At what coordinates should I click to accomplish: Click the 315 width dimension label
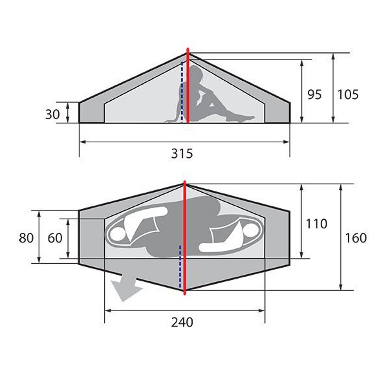182,153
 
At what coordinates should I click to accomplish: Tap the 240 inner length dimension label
182,322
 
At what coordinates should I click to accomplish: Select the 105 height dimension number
348,94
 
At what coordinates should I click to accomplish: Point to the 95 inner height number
314,94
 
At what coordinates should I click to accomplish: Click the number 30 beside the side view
52,114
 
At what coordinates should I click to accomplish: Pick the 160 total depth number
356,238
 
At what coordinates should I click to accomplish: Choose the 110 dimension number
316,224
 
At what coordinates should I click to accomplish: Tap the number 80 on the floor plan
26,238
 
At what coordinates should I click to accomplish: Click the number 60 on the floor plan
55,238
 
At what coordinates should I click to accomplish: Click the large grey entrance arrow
126,287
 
